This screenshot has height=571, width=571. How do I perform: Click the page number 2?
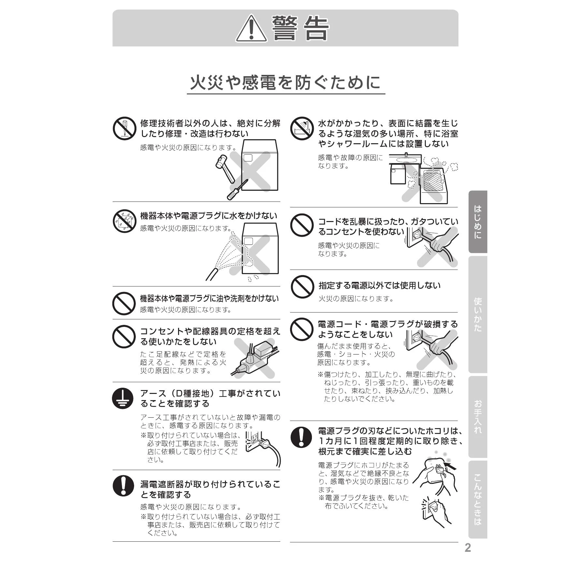[468, 548]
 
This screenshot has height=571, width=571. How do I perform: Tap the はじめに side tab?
[478, 222]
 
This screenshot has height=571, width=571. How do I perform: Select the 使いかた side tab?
[478, 314]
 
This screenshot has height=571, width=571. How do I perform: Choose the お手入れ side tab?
[478, 417]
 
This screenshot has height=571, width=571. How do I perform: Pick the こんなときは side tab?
[478, 499]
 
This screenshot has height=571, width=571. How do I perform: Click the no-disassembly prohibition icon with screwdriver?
[124, 128]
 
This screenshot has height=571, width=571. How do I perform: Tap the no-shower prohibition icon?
[302, 128]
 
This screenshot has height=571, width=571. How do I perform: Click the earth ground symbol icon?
[123, 398]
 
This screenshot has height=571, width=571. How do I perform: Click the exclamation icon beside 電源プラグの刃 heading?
[301, 437]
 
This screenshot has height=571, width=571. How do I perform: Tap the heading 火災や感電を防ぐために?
[285, 83]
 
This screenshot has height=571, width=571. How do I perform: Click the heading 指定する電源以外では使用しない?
[379, 285]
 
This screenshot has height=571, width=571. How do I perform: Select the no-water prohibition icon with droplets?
[124, 221]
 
